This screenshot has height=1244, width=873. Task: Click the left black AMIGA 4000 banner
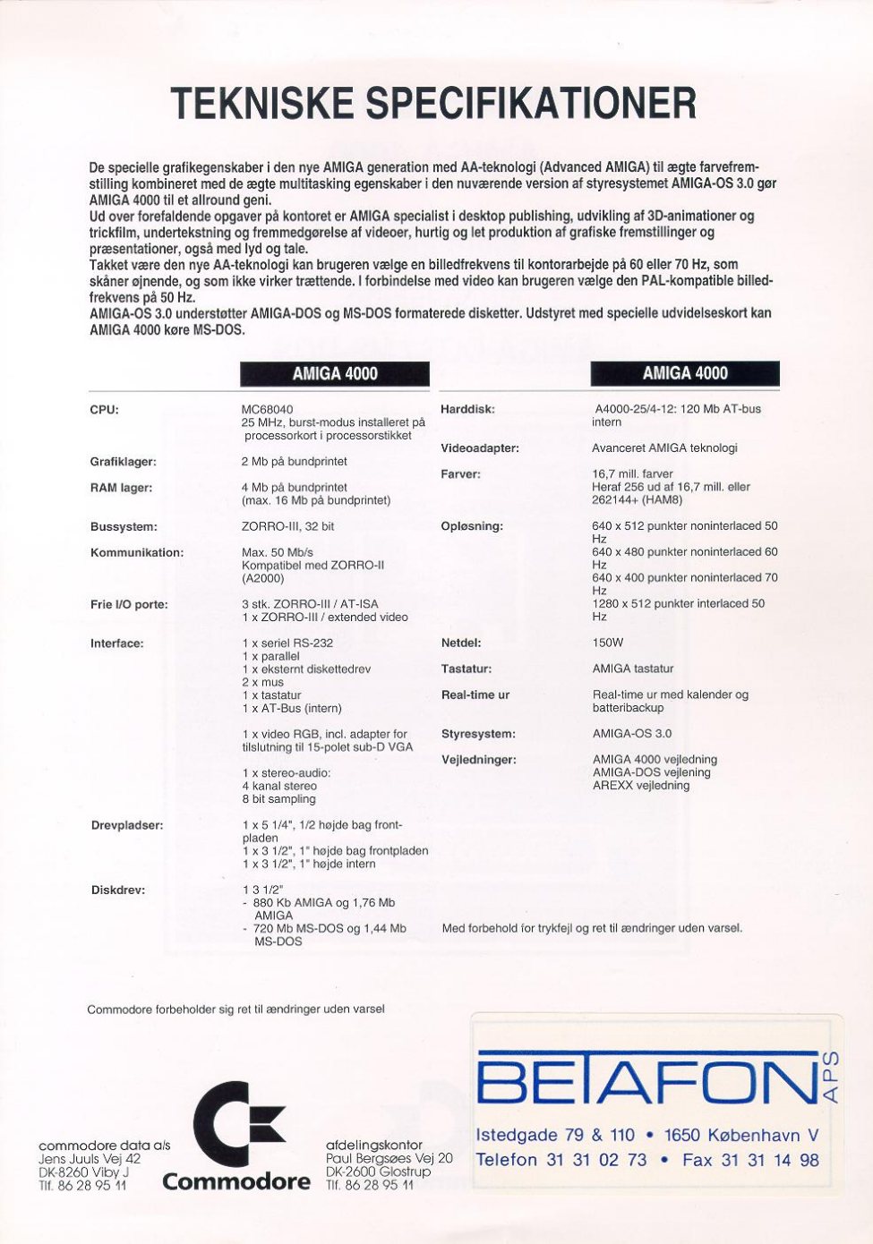(335, 373)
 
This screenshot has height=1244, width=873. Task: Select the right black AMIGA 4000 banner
(685, 373)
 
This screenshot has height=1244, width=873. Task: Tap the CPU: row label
(105, 410)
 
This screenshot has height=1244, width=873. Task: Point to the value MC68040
(267, 410)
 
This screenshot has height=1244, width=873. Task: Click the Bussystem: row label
(124, 527)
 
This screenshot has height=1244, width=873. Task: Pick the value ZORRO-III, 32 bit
(288, 527)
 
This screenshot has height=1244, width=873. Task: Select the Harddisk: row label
(467, 410)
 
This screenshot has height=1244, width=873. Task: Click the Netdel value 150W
(608, 643)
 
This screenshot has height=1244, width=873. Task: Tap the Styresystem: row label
(478, 734)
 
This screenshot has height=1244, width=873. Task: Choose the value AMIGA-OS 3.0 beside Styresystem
(632, 734)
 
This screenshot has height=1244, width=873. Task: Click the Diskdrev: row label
(118, 890)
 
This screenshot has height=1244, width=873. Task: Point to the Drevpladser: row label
(127, 825)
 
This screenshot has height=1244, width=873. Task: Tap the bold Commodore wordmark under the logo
(236, 1182)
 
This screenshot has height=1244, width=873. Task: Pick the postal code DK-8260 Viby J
(84, 1172)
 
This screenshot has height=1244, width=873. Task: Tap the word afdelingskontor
(374, 1145)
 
